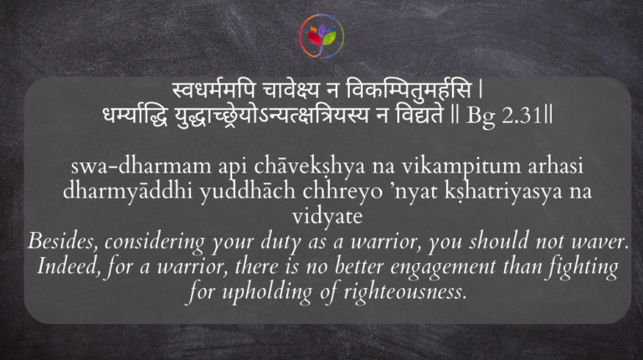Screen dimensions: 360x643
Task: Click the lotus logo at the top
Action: (x=321, y=37)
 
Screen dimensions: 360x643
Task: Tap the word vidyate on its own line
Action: (x=321, y=214)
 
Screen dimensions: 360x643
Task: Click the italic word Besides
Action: (x=59, y=241)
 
